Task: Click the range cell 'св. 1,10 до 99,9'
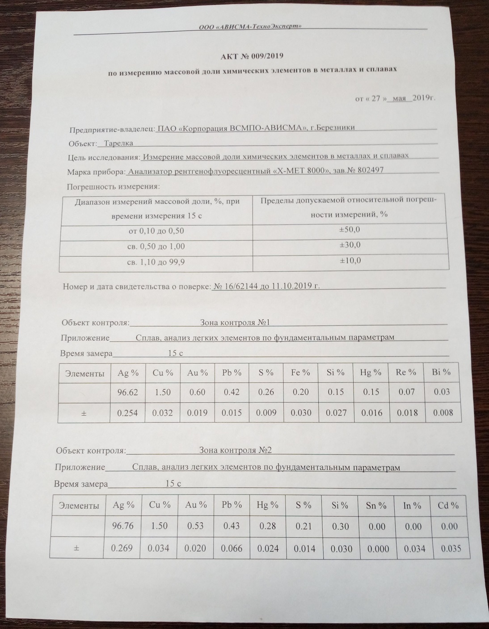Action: click(x=156, y=262)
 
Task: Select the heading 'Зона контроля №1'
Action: click(x=235, y=322)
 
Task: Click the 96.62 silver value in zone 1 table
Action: click(x=128, y=392)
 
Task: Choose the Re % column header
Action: click(x=406, y=372)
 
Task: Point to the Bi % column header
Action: click(x=441, y=372)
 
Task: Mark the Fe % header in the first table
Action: click(x=300, y=372)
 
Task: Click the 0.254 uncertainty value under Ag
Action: click(x=128, y=413)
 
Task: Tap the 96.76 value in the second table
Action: click(x=122, y=526)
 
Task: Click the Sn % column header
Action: click(x=376, y=506)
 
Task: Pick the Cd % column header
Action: click(x=448, y=506)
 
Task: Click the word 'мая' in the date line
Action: click(x=399, y=98)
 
